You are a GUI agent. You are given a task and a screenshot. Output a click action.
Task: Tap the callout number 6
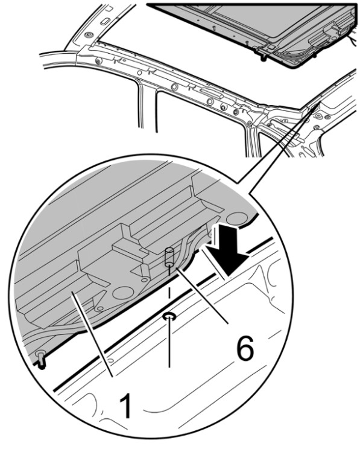(x=245, y=348)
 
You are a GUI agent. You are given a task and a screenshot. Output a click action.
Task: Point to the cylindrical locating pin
(x=169, y=256)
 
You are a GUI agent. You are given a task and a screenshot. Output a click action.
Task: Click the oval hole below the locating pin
(x=169, y=316)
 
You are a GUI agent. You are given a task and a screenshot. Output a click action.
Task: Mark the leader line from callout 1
(x=92, y=334)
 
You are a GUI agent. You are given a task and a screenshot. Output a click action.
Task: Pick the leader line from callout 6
(x=202, y=296)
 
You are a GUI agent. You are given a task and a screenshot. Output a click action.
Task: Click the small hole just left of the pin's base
(x=145, y=279)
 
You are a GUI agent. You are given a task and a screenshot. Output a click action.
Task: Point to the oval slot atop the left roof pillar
(x=106, y=21)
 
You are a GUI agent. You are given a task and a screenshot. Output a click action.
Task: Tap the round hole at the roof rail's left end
(x=99, y=60)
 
